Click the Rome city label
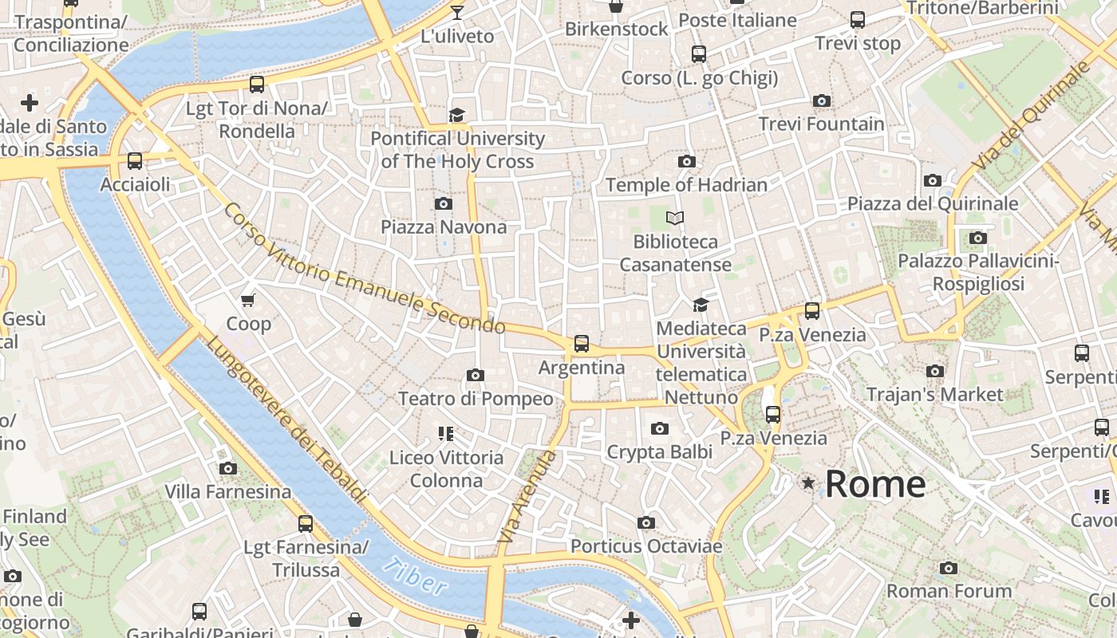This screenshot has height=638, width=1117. (x=874, y=484)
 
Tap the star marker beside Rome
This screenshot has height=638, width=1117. (x=808, y=482)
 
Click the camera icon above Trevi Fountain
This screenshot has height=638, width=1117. (x=821, y=100)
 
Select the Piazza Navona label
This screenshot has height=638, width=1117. (x=443, y=226)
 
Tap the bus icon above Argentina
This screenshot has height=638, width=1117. (x=581, y=344)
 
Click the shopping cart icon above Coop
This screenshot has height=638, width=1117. (x=248, y=300)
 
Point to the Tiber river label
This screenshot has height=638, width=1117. (x=413, y=577)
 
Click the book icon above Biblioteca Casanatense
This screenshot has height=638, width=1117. (x=675, y=218)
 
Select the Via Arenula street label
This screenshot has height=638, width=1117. (x=526, y=497)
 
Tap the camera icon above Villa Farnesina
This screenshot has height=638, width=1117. (x=227, y=468)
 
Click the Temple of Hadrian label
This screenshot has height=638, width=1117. (x=685, y=185)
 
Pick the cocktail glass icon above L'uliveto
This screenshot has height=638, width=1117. (x=456, y=12)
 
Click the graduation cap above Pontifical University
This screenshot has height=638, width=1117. (x=456, y=116)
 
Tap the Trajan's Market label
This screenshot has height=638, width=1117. (x=933, y=394)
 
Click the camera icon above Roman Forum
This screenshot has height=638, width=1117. (x=948, y=568)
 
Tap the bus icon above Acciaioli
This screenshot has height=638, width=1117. (x=135, y=161)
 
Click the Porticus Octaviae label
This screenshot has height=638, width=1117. (x=645, y=546)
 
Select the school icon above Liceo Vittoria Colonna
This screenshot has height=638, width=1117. (x=445, y=434)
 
